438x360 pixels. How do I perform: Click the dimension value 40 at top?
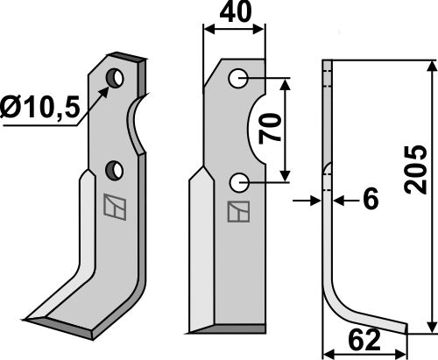coord(233,15)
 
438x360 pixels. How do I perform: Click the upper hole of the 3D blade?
coord(114,80)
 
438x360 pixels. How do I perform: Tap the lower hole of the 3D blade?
coord(112,167)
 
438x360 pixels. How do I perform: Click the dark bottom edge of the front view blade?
coord(226,329)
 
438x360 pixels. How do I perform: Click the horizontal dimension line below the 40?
coord(234,30)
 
